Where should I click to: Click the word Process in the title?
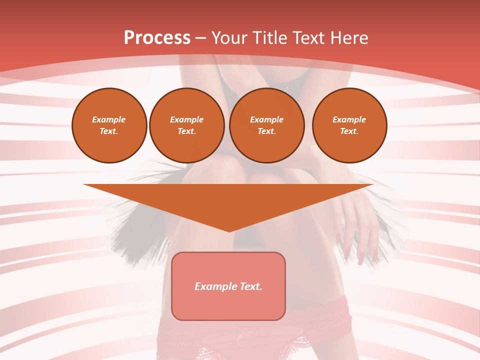point(157,38)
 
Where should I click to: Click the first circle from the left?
point(109,125)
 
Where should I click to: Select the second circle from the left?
point(187,125)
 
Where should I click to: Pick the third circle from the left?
point(267,125)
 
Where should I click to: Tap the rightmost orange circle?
point(349,125)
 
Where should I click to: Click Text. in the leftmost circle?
point(109,131)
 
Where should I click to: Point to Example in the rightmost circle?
point(349,119)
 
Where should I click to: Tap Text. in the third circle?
point(267,131)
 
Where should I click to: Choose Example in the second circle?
point(187,119)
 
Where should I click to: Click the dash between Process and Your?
point(200,38)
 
